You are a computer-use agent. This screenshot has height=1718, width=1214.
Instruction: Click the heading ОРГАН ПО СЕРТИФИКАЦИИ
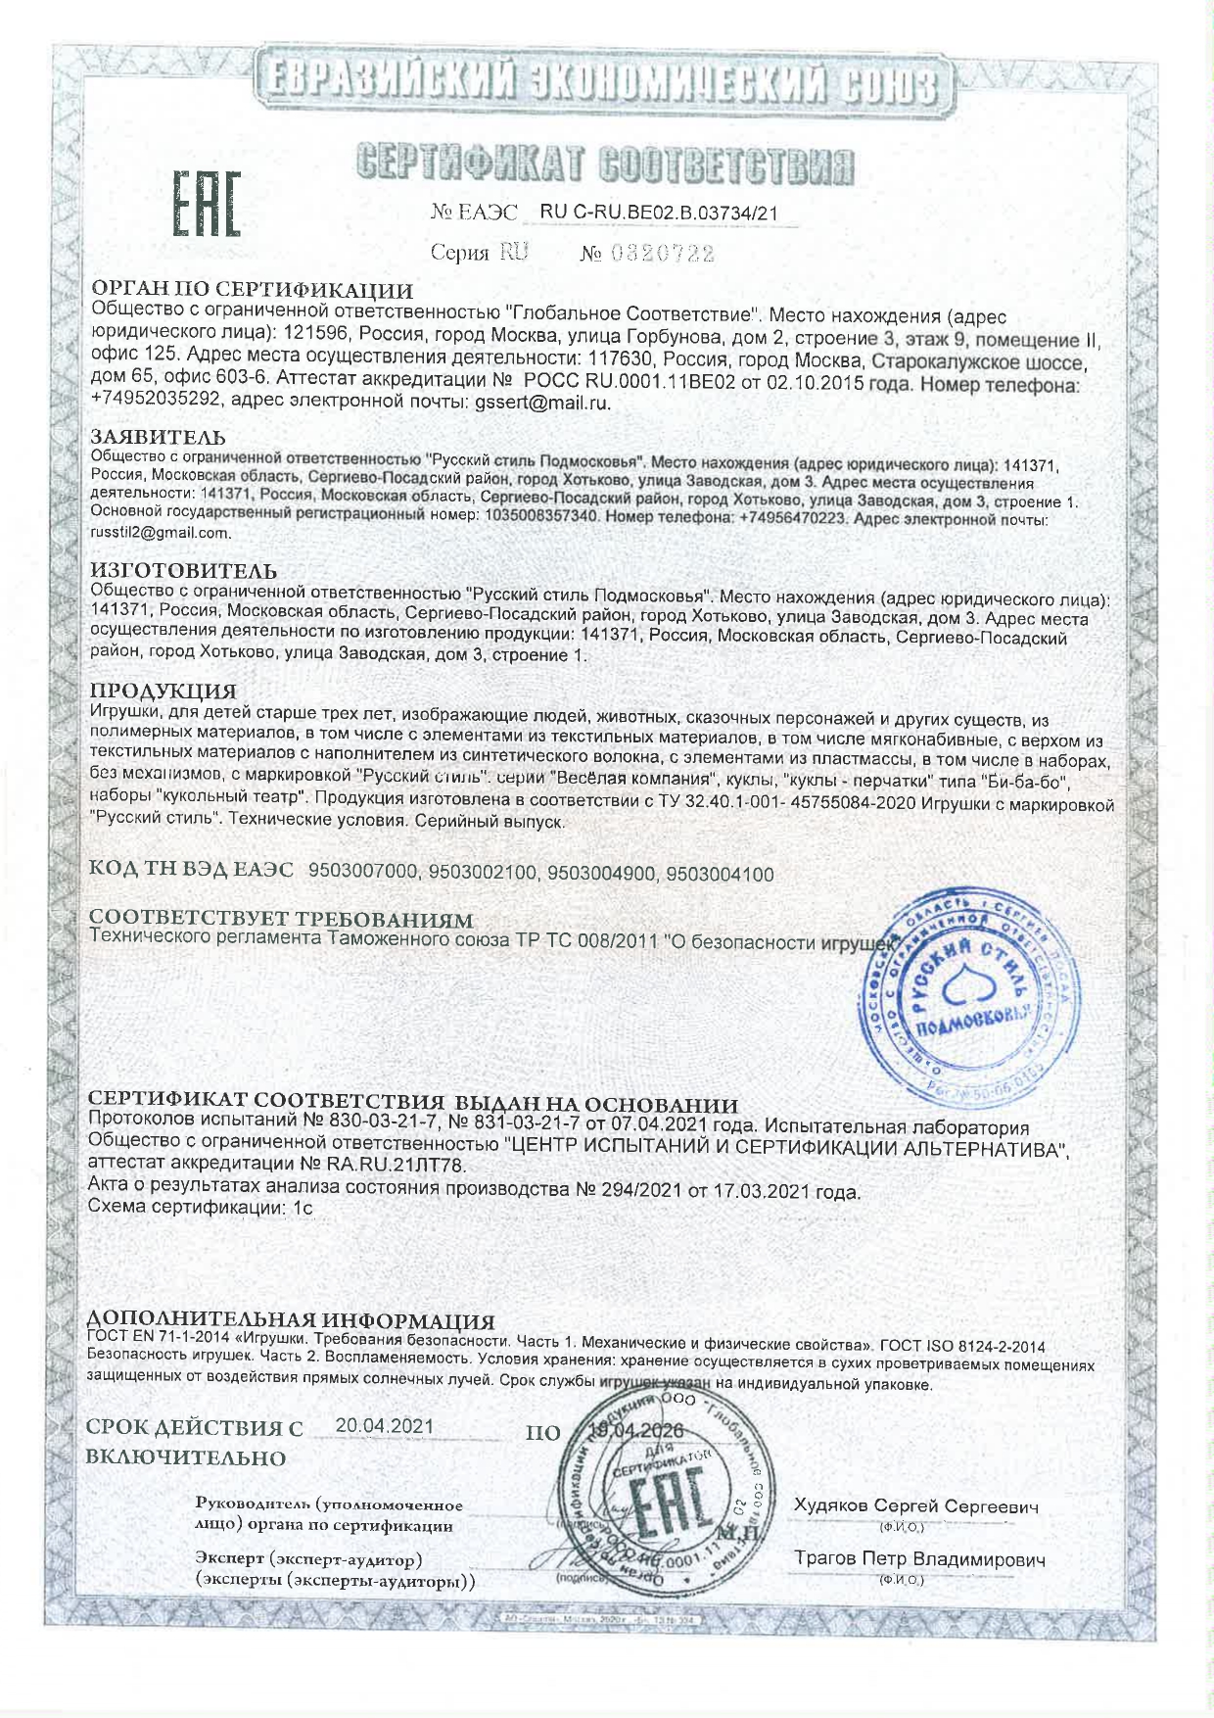click(252, 290)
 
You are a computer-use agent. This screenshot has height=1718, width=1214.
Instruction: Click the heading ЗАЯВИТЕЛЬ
click(158, 437)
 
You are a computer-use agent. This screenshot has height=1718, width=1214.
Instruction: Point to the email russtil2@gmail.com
click(161, 533)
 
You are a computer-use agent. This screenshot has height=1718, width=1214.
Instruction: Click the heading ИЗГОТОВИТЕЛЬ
click(183, 570)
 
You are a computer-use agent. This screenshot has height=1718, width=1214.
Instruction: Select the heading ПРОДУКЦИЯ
click(163, 693)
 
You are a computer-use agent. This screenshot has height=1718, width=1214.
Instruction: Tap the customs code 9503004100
click(720, 873)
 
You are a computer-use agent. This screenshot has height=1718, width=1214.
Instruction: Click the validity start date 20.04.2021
click(384, 1426)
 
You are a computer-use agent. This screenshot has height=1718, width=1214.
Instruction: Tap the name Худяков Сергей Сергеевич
click(916, 1505)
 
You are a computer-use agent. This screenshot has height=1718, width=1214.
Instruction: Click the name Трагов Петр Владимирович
click(919, 1558)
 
